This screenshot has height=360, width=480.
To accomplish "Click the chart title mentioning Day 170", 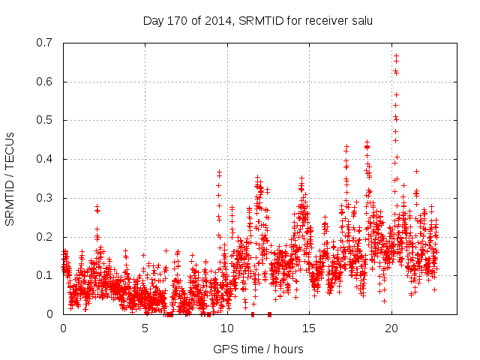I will coord(258,20).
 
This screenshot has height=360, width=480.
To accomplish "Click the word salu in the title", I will coord(361,20).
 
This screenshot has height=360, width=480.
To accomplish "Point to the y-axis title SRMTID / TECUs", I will coord(10,178).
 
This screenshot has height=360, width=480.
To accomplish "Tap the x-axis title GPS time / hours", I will coord(258,349).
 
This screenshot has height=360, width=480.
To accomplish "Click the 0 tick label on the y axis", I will coord(52,314).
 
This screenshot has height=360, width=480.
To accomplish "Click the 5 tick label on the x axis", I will coord(145,328).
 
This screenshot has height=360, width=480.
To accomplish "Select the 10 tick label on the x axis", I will coord(227,328).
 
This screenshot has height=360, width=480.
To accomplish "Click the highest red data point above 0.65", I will coord(396,55).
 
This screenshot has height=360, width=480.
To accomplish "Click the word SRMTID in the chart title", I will coord(255,20).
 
